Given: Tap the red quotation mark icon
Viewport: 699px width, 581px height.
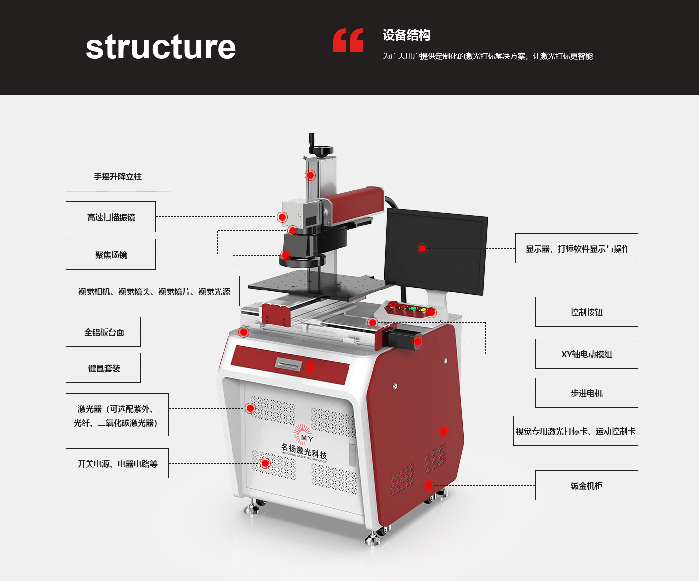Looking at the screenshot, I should coord(348,40).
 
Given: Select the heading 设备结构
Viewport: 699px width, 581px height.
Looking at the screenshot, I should coord(406,35).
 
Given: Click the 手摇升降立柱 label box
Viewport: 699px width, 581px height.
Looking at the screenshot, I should coord(118,176).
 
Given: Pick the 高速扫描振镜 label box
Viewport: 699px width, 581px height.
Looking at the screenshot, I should coord(111,217).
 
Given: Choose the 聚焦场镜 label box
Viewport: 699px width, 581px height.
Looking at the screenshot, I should coord(111,254).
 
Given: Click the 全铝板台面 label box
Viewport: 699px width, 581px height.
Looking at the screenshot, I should coord(103,332).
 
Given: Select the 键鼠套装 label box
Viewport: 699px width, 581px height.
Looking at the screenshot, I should coord(103,368).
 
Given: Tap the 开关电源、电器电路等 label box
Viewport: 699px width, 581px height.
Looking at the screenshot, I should coord(117,463).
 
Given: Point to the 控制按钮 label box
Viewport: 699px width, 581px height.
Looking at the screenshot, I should coord(586,312).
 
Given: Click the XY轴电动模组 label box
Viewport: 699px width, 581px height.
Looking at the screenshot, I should coord(586,354).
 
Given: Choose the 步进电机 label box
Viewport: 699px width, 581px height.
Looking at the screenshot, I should coord(586,393).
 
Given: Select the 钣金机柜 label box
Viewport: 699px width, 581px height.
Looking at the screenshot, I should coord(586,485).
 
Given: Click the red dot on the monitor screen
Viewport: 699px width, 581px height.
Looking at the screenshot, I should coord(422,249).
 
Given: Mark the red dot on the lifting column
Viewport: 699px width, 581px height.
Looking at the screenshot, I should coord(310,175).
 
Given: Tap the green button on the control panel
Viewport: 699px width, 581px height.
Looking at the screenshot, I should coord(413,309).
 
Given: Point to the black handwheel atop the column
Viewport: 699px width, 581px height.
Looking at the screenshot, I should coord(321,150).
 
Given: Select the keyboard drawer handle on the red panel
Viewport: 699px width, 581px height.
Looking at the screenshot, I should coord(289,364).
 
